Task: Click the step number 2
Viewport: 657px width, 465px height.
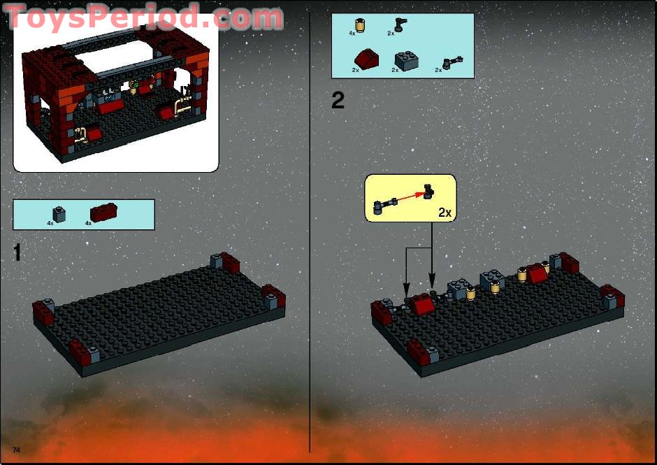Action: [338, 101]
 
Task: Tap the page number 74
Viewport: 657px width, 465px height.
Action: [16, 447]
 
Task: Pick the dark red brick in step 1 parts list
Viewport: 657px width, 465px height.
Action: [103, 213]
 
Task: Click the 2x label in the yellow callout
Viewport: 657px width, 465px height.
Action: [445, 212]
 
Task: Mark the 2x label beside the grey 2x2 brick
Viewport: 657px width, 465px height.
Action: [395, 71]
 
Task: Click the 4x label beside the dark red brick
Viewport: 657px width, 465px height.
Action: [89, 223]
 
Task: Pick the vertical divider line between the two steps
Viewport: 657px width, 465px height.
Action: [310, 231]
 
